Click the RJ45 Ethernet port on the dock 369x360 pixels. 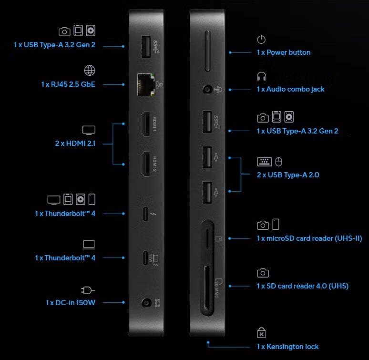[x=146, y=85]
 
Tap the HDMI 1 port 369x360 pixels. [x=146, y=124]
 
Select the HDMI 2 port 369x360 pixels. [x=146, y=164]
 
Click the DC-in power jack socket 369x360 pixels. [x=147, y=303]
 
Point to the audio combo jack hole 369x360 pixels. [x=207, y=90]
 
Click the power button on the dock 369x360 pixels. [x=207, y=51]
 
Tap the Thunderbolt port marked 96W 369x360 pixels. [x=145, y=258]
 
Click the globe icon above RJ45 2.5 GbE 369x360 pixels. [x=90, y=71]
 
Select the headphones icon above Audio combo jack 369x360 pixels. [x=261, y=76]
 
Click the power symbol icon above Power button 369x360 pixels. [x=261, y=40]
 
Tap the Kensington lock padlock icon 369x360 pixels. [x=261, y=332]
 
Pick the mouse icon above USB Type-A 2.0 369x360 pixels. [x=278, y=162]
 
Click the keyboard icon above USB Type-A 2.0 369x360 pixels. [x=264, y=162]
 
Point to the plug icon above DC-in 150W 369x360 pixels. [x=88, y=290]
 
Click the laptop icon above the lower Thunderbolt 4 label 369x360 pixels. [x=89, y=245]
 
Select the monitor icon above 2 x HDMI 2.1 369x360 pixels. [x=89, y=130]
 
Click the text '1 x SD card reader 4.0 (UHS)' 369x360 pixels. [x=302, y=286]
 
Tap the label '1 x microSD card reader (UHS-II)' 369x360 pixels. [x=309, y=238]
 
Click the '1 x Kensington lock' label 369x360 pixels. [x=287, y=347]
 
